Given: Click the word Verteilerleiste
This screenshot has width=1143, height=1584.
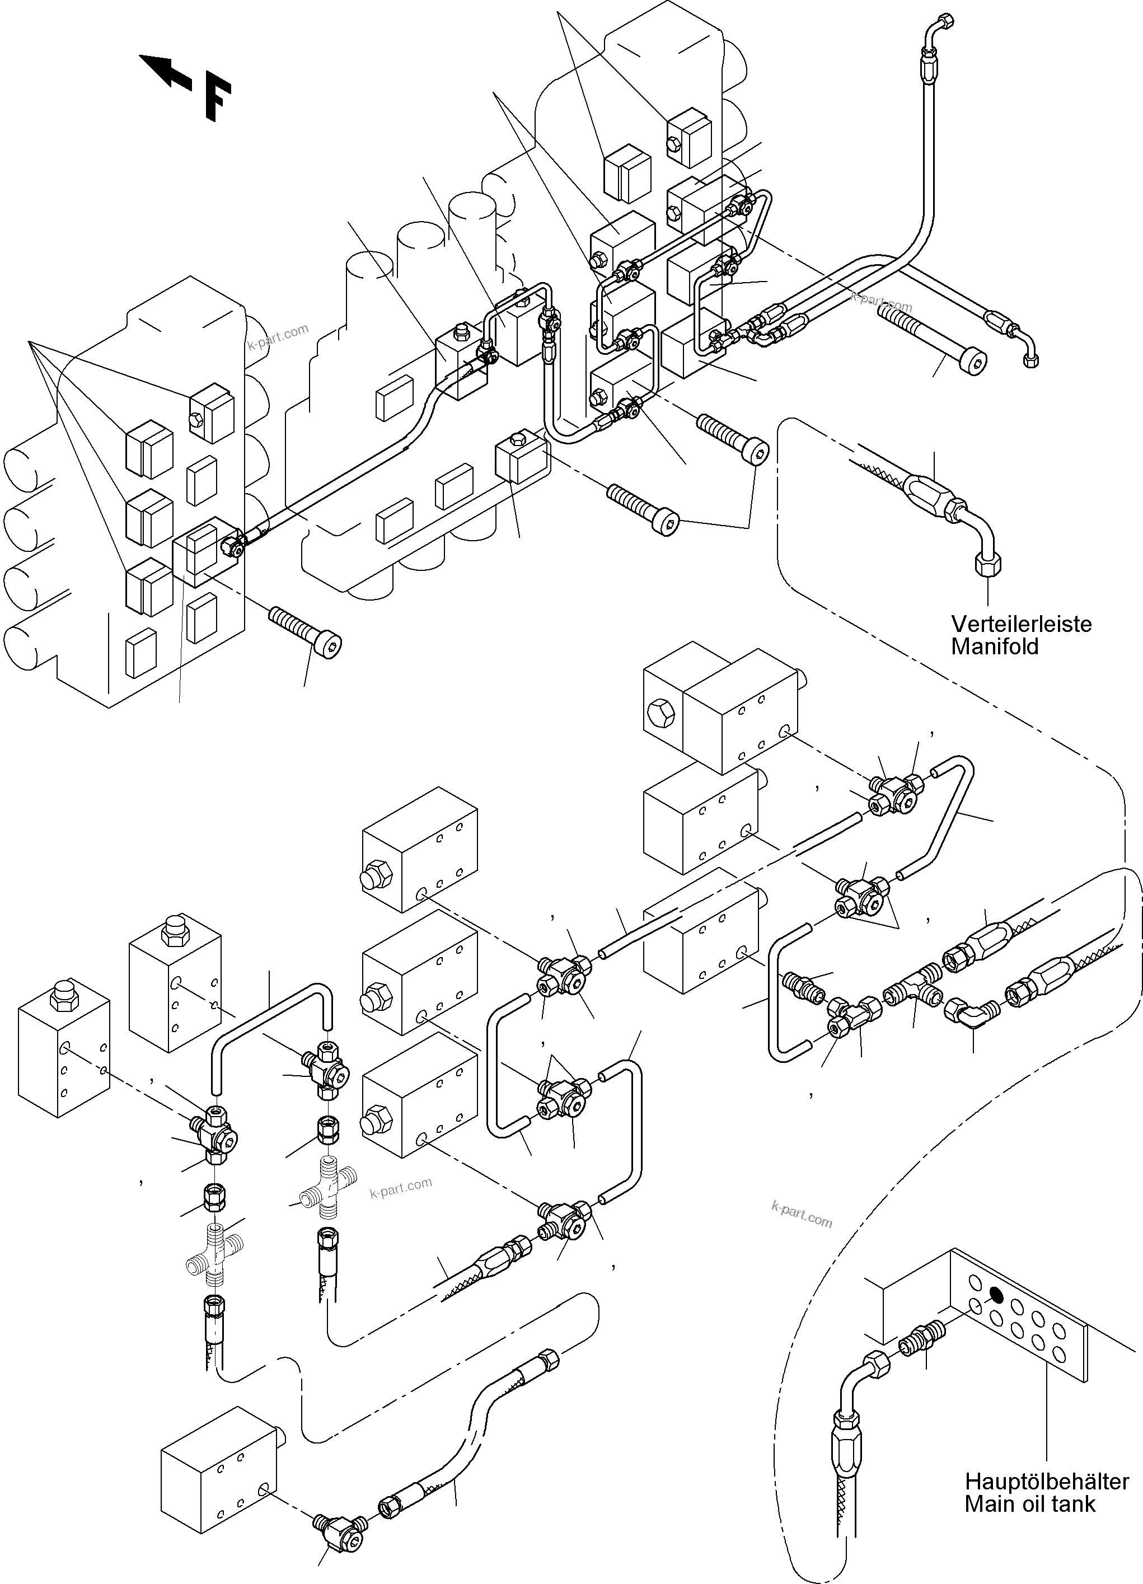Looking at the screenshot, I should point(1021,624).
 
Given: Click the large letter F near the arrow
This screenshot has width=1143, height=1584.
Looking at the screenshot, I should point(217,100).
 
